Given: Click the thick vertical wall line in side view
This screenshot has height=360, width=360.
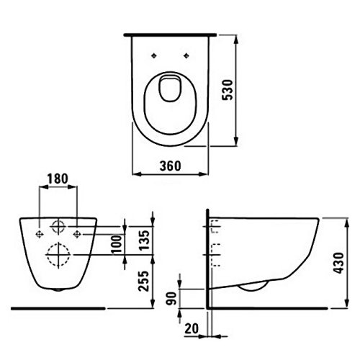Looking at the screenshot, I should coord(208,259).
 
